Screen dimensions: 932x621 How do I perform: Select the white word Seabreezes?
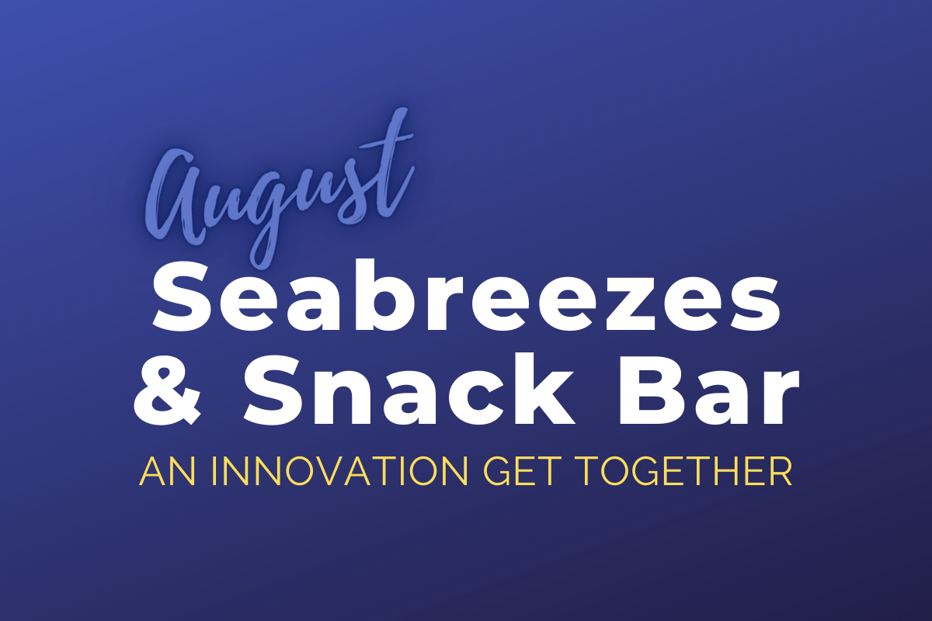coord(467,297)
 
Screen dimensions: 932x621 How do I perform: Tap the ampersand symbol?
coord(168,388)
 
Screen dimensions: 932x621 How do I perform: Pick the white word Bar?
coord(709,390)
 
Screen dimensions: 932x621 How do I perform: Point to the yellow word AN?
coord(167,472)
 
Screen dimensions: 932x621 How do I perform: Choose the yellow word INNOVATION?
coord(340,472)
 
